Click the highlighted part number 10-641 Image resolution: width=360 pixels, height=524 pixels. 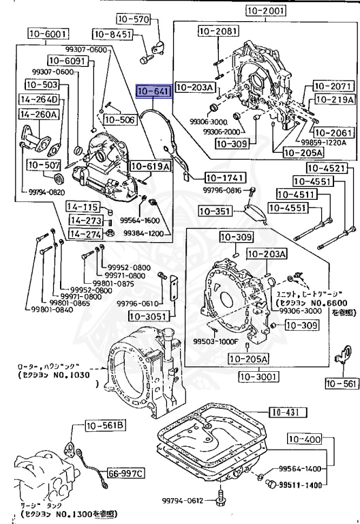pos(155,92)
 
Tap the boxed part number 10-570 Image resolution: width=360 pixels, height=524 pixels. pos(131,19)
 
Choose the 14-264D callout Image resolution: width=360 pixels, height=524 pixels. pos(38,100)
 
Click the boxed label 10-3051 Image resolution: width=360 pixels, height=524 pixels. pos(151,317)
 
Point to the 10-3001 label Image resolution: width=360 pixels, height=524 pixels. pos(257,375)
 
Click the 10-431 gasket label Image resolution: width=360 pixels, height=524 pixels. pos(286,411)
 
